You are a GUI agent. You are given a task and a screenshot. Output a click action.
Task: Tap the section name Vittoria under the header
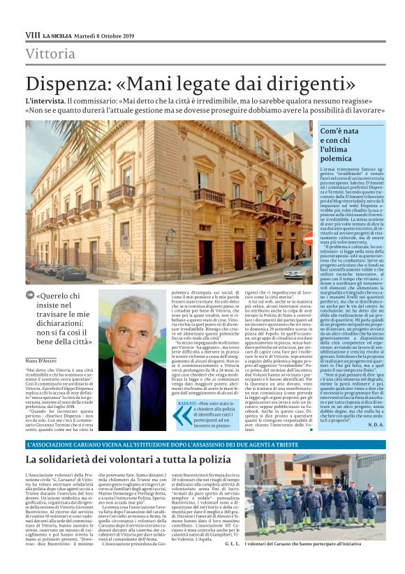click(50, 54)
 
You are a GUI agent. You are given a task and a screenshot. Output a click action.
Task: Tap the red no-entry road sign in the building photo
click(308, 239)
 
